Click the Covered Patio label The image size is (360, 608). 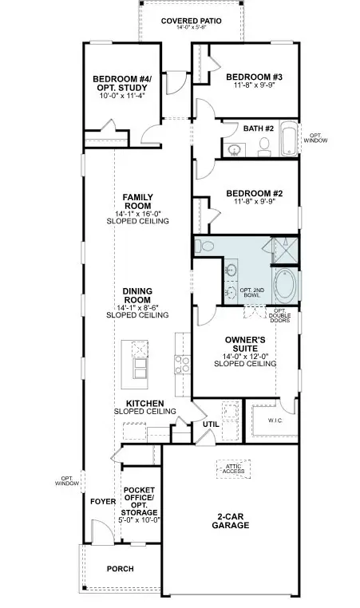[x=192, y=21]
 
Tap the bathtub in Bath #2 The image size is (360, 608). [x=289, y=139]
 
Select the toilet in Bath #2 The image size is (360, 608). [x=264, y=146]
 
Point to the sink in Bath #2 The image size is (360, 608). [x=235, y=149]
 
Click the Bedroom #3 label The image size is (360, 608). [x=254, y=77]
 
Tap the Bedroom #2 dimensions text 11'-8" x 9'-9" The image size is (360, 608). [x=254, y=202]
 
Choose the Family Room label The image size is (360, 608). [x=138, y=201]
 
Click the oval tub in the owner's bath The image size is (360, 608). [x=286, y=286]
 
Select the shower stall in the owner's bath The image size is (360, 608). [x=286, y=251]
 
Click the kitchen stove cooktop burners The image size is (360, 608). [x=182, y=365]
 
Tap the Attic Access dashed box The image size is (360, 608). [x=234, y=469]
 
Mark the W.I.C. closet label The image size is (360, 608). [x=275, y=420]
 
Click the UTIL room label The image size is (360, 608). [x=211, y=424]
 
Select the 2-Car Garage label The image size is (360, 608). [x=231, y=521]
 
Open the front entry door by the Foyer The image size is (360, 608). [x=101, y=531]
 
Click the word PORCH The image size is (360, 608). [x=121, y=569]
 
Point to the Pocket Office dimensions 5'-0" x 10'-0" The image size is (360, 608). [x=139, y=520]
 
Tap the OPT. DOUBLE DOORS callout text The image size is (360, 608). [x=279, y=316]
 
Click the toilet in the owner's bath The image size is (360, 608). [x=204, y=246]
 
